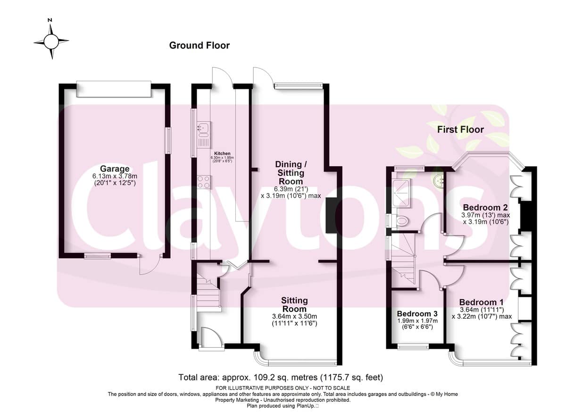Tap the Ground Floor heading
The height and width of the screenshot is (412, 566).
[200, 45]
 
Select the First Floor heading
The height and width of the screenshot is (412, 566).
[460, 130]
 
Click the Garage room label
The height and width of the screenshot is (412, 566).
[115, 168]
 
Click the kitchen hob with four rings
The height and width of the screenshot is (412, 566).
[204, 182]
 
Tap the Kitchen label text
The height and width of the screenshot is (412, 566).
[222, 153]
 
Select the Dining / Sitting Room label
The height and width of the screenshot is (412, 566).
[291, 173]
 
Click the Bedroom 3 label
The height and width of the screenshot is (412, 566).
[417, 314]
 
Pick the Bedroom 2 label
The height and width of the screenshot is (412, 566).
[485, 208]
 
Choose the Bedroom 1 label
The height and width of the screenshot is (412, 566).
[481, 302]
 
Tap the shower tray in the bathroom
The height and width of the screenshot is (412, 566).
[400, 193]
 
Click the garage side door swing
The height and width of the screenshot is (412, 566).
[150, 265]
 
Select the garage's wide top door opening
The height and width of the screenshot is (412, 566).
[114, 89]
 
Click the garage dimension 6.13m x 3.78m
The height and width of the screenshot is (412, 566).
[115, 176]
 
